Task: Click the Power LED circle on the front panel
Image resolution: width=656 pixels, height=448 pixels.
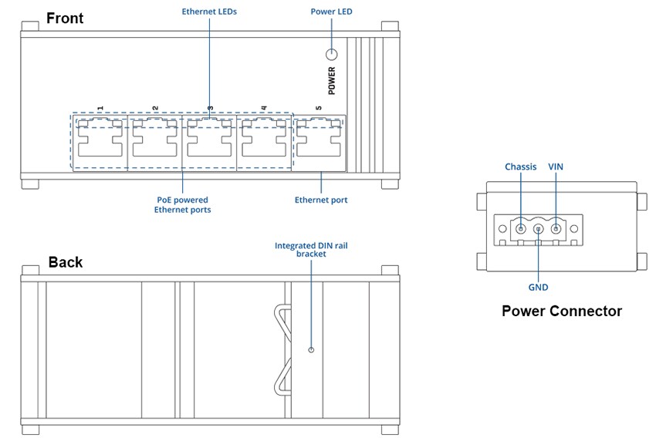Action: pyautogui.click(x=332, y=55)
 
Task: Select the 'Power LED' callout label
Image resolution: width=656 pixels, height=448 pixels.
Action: pyautogui.click(x=331, y=12)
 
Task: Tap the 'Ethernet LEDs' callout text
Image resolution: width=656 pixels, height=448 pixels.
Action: pyautogui.click(x=209, y=12)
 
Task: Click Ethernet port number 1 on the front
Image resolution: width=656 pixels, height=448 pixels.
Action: pyautogui.click(x=100, y=141)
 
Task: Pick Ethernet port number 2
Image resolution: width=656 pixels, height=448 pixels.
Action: pyautogui.click(x=155, y=141)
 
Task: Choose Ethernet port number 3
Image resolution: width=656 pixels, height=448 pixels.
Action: pyautogui.click(x=210, y=141)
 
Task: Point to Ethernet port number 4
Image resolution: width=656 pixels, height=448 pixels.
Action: pyautogui.click(x=265, y=141)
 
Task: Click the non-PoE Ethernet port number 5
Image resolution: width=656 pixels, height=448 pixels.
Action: pyautogui.click(x=320, y=141)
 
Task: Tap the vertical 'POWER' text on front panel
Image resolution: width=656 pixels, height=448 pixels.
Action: pyautogui.click(x=332, y=81)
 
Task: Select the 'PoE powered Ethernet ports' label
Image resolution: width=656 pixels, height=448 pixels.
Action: pyautogui.click(x=182, y=204)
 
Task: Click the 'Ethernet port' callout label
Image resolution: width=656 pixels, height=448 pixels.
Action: pyautogui.click(x=321, y=200)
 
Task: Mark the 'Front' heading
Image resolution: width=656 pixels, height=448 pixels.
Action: pyautogui.click(x=65, y=19)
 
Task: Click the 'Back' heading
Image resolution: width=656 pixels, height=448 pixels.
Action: pyautogui.click(x=66, y=262)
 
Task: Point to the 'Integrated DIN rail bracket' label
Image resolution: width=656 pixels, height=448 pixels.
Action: pyautogui.click(x=311, y=249)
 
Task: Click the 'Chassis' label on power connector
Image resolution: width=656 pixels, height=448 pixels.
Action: pyautogui.click(x=520, y=167)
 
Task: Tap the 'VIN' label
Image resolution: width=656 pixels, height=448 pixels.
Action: pyautogui.click(x=556, y=167)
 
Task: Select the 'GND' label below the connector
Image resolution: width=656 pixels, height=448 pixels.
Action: pyautogui.click(x=538, y=287)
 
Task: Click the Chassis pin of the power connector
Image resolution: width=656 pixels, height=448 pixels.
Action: pyautogui.click(x=521, y=228)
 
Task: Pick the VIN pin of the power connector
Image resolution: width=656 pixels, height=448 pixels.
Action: pyautogui.click(x=555, y=228)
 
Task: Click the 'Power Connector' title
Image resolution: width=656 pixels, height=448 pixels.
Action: pyautogui.click(x=561, y=312)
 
